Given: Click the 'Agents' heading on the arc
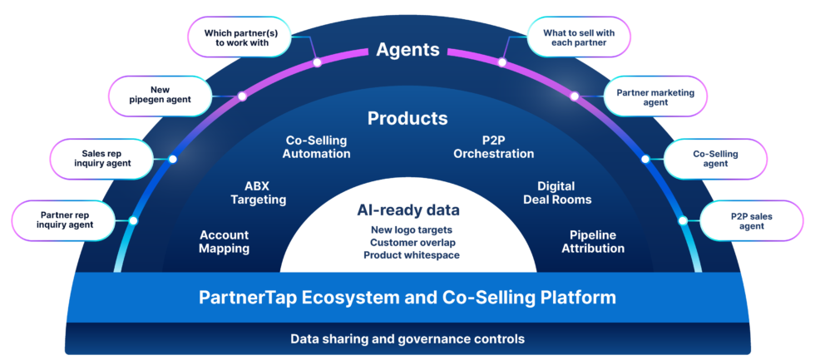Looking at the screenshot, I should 407,50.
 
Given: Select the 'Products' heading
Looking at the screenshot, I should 407,119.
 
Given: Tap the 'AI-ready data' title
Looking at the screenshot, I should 408,210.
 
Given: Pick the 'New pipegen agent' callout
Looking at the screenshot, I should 160,95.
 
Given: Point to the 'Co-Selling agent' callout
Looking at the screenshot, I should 715,158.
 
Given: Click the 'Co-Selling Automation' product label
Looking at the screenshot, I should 316,147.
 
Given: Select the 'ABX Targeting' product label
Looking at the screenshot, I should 259,193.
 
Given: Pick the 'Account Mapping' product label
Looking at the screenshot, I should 224,242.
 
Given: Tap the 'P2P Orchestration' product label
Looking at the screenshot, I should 494,147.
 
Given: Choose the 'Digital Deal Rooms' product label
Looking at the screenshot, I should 557,193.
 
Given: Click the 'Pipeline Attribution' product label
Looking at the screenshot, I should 593,242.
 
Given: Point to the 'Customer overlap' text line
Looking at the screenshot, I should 407,242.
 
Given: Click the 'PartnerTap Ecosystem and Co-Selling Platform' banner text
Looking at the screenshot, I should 407,298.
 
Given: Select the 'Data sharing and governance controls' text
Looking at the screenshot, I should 407,339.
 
